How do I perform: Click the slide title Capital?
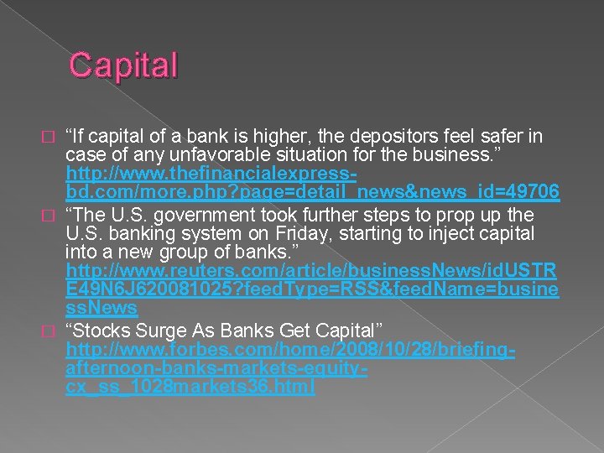(x=124, y=65)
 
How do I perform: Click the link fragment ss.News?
(x=102, y=309)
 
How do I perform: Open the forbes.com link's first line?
(x=290, y=347)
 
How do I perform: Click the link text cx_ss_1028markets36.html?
(x=190, y=386)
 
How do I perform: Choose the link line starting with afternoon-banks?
(x=217, y=367)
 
